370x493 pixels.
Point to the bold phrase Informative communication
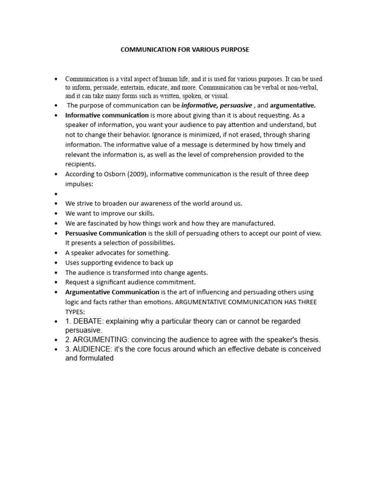click(107, 115)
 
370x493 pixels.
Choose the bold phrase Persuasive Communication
click(106, 233)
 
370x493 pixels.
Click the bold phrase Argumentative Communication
click(112, 292)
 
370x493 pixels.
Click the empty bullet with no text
click(56, 194)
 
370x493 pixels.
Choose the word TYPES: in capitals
click(74, 311)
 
